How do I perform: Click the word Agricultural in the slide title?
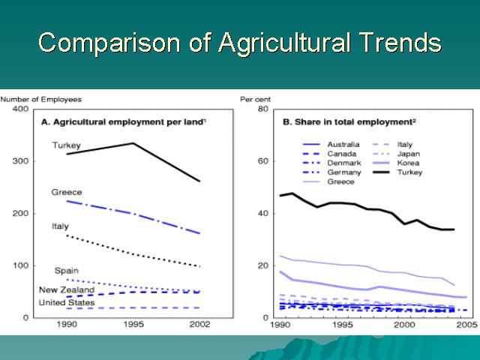coord(284,43)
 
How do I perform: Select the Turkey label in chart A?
coord(67,145)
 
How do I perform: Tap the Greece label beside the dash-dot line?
coord(67,192)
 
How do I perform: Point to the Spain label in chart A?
coord(67,271)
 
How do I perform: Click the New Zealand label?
coord(67,289)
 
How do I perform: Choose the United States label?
coord(67,303)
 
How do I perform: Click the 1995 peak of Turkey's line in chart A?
coord(133,143)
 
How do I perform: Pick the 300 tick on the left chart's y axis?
coord(20,161)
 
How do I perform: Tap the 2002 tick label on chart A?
coord(199,324)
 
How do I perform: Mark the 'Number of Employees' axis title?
coord(41,100)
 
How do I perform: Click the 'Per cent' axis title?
coord(255,100)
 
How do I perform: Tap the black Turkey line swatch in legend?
coord(382,172)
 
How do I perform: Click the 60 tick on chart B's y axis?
coord(263,161)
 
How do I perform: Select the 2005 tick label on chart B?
coord(466,324)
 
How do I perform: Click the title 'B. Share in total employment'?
coord(349,122)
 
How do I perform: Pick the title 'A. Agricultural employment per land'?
coord(124,122)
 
